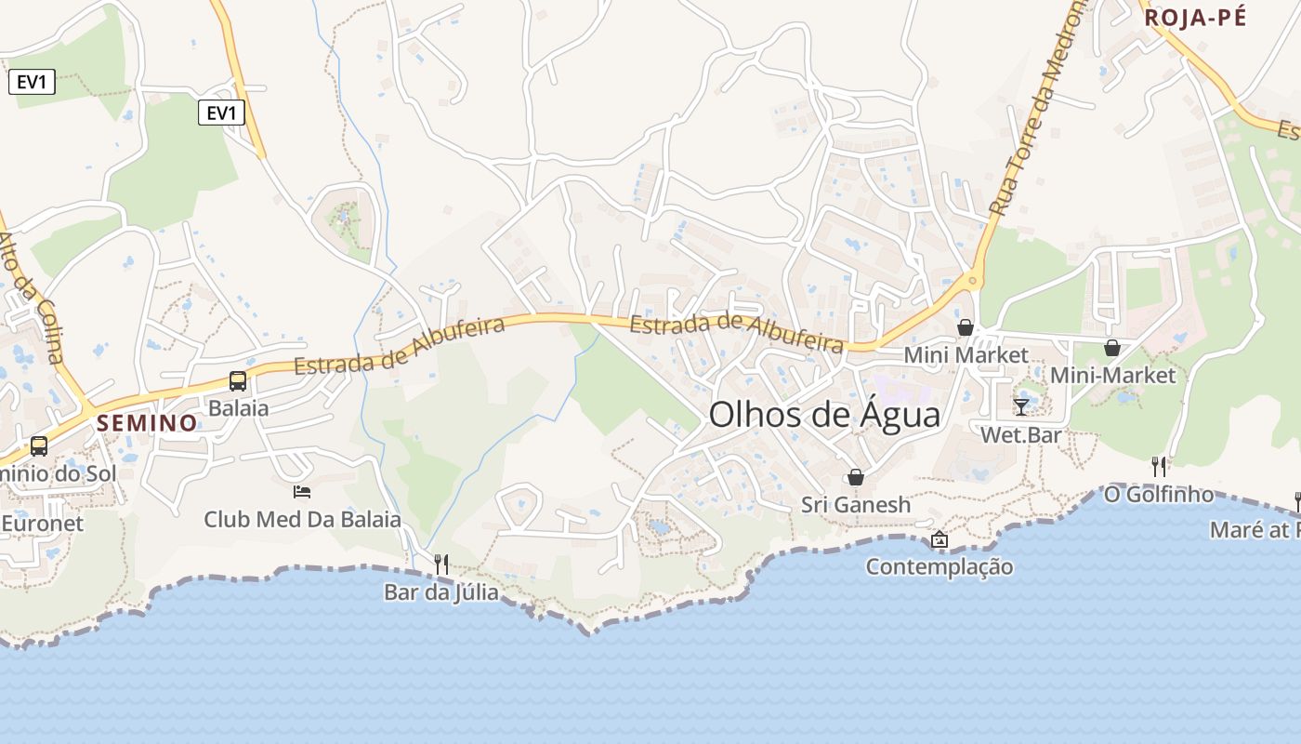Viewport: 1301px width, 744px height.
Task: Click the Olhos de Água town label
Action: [824, 415]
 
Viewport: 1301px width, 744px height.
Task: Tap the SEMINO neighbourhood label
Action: [148, 423]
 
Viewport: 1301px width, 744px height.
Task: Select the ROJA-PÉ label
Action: [1194, 18]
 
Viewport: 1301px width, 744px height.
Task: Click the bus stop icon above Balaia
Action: [238, 380]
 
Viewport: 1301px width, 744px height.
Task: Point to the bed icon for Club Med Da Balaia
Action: [302, 491]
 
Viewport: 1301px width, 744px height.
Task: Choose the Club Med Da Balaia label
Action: [302, 519]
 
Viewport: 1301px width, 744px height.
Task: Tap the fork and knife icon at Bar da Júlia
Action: [441, 564]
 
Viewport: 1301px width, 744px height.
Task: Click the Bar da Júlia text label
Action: [441, 591]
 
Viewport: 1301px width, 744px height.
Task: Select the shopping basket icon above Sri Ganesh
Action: [856, 477]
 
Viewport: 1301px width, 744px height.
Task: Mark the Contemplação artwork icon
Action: [940, 539]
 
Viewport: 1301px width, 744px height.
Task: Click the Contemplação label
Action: [940, 566]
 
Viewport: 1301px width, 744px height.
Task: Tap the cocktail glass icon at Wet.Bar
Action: [1021, 406]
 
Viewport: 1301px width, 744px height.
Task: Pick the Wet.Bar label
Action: [1021, 434]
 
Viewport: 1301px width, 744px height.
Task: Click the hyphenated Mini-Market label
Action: [1112, 375]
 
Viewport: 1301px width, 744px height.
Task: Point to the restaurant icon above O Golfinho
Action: [1159, 466]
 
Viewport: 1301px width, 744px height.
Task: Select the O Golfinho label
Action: [1159, 494]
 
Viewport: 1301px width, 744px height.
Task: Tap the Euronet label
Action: [42, 523]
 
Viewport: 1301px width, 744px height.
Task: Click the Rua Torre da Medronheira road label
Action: [1037, 107]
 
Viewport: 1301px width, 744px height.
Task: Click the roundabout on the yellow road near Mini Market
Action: [973, 279]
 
